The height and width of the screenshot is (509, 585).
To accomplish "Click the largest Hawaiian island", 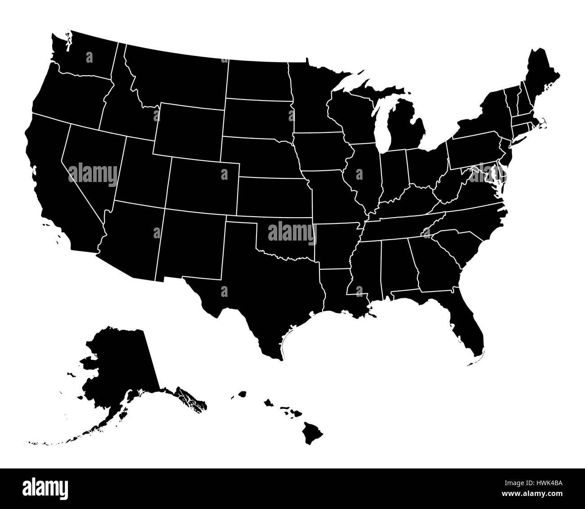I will [x=312, y=432].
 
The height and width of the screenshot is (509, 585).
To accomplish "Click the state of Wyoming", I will [x=189, y=131].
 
